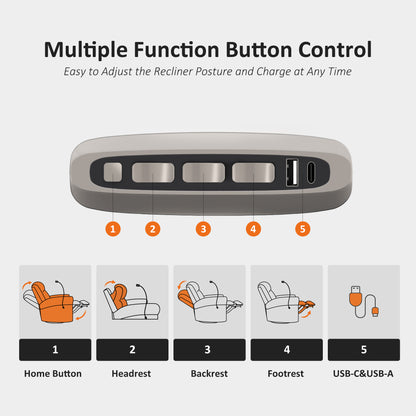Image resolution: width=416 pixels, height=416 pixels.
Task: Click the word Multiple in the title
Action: coord(86,50)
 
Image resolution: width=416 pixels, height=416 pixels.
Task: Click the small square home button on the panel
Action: coord(113,172)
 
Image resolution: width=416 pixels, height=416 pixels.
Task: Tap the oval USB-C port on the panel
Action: coord(311,173)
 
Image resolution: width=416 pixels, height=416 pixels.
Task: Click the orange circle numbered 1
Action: coord(113,229)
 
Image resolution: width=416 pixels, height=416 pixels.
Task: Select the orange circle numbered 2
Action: coord(153,229)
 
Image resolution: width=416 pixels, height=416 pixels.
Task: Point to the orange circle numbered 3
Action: coord(203,229)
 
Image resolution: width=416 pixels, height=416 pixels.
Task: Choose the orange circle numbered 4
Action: coord(253,229)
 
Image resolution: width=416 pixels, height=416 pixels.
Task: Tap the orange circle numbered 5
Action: coord(303,229)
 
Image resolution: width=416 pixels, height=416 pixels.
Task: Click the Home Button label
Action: coord(53,374)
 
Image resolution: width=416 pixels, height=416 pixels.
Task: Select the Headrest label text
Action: coord(131,374)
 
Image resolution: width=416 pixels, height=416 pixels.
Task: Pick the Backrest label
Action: coord(209,374)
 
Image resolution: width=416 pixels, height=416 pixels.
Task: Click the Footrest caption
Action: coord(286,374)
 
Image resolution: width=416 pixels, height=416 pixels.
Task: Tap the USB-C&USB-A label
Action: coord(363,374)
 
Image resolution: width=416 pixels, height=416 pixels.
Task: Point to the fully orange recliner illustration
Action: coord(52,303)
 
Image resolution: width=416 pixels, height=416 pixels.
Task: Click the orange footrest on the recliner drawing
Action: coord(306,305)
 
